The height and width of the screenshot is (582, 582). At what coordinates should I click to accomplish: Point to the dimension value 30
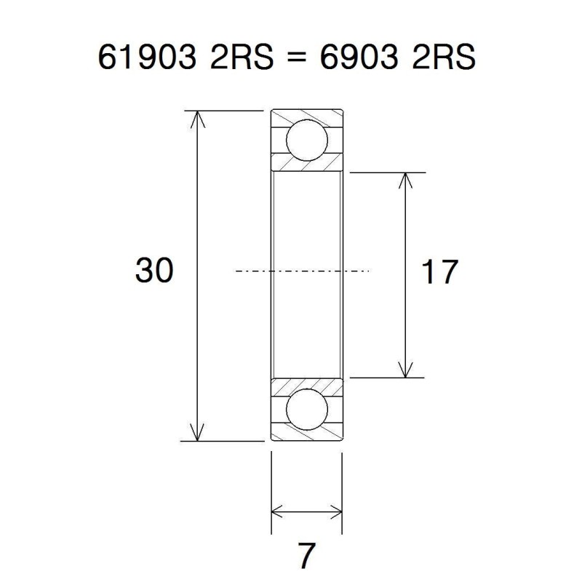(x=154, y=271)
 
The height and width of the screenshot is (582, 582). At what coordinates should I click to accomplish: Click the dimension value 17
(x=439, y=272)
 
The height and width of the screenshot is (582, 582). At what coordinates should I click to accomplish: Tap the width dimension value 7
(x=306, y=557)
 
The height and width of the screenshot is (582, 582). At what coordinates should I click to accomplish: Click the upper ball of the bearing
(x=306, y=141)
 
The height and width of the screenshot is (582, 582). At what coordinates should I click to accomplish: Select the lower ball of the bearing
(x=306, y=410)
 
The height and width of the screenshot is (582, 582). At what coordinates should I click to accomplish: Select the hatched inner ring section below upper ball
(x=306, y=165)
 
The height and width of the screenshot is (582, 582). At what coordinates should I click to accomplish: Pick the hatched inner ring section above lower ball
(x=306, y=385)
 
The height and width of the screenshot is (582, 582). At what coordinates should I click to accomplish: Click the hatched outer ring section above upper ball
(x=306, y=116)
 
